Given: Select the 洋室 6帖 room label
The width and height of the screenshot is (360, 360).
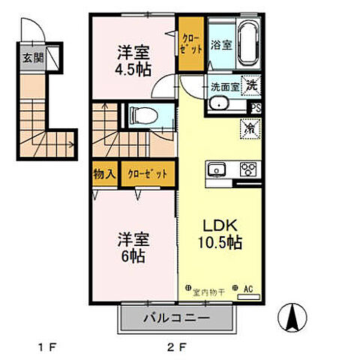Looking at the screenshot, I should pyautogui.click(x=132, y=246).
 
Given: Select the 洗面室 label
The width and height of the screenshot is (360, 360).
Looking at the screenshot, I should pyautogui.click(x=224, y=86).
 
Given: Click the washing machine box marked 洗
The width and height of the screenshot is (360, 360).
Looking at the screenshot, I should pyautogui.click(x=253, y=85).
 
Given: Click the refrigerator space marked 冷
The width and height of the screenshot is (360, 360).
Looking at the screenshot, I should pyautogui.click(x=250, y=128).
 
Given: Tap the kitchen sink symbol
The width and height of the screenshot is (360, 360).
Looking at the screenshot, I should pyautogui.click(x=217, y=169).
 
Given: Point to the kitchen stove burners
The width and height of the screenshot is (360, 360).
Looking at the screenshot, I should pyautogui.click(x=247, y=169).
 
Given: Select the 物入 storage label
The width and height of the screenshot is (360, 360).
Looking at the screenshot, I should pyautogui.click(x=104, y=174).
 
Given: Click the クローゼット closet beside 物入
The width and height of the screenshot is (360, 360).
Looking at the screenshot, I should pyautogui.click(x=147, y=174).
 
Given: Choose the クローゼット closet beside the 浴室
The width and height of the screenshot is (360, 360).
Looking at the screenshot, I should pyautogui.click(x=190, y=43).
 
